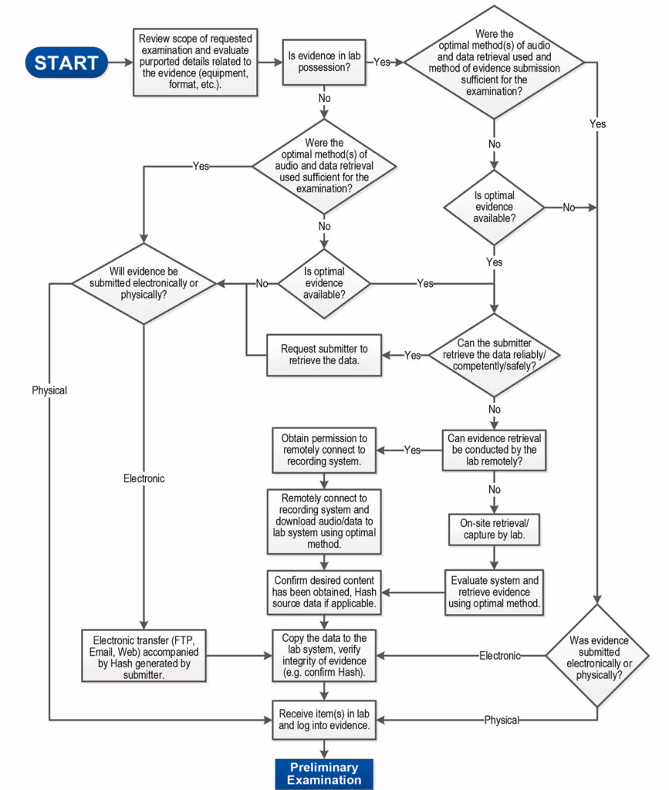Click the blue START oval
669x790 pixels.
(x=66, y=62)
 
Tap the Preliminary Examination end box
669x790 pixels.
(x=323, y=774)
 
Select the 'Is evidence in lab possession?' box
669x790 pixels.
(x=324, y=62)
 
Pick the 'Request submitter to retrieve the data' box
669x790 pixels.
(x=324, y=355)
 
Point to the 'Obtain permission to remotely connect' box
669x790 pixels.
(x=323, y=451)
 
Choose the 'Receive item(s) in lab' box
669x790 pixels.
(x=324, y=719)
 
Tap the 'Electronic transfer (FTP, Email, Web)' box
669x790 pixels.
(x=144, y=655)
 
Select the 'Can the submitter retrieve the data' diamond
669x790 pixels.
(x=493, y=356)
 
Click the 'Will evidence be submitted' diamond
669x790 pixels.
(x=144, y=283)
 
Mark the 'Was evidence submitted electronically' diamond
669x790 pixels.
(x=598, y=655)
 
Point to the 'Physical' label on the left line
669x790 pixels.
(x=49, y=390)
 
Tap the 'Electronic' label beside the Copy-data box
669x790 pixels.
(x=500, y=656)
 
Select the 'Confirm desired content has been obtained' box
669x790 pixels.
(x=324, y=592)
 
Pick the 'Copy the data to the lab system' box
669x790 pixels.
(x=324, y=655)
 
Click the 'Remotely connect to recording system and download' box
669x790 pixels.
(x=323, y=521)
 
